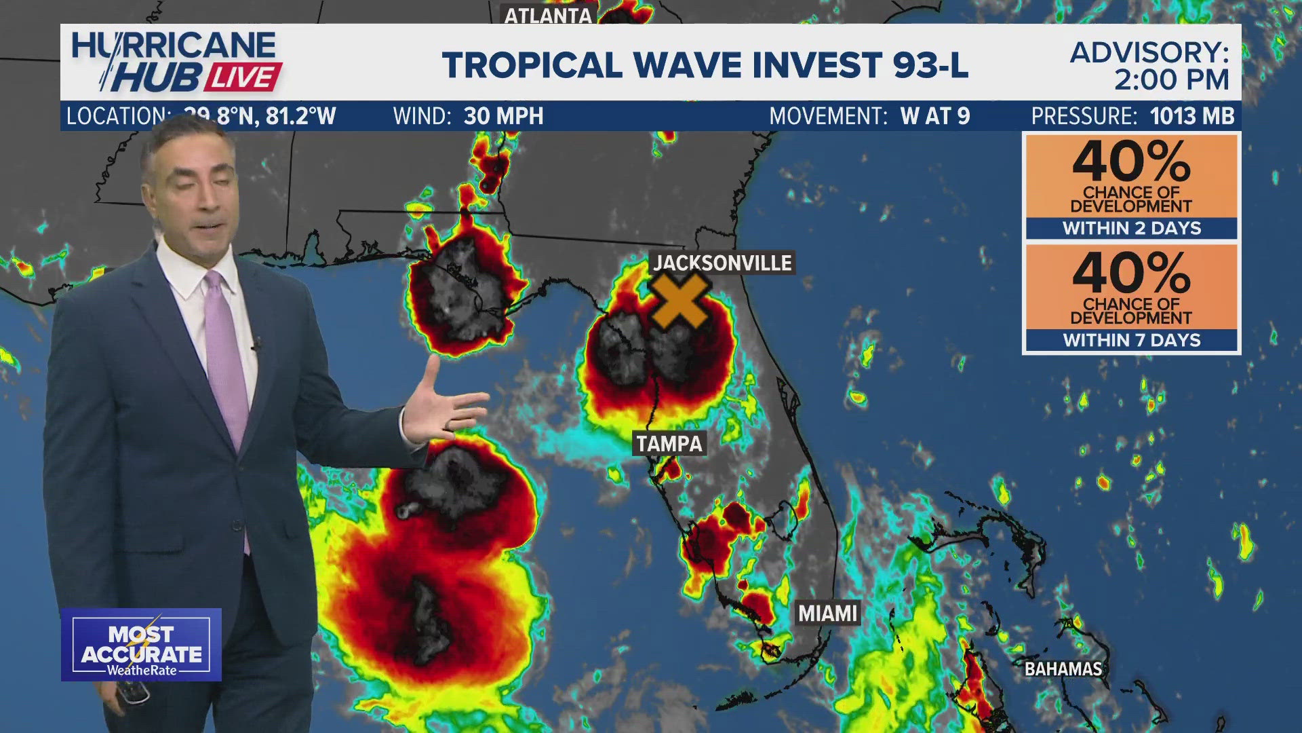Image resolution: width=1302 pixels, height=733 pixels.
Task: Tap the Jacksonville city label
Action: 722,263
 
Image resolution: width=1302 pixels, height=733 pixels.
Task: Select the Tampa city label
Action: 669,444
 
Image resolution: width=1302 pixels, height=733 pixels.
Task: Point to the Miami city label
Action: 828,614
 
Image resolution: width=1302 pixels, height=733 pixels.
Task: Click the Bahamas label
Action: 1063,669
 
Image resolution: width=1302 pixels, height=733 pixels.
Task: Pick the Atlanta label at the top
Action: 548,15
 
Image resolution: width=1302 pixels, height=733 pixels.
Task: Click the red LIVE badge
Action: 243,77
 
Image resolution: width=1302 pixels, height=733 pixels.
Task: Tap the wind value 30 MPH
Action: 503,116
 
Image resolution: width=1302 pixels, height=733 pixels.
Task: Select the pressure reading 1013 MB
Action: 1192,116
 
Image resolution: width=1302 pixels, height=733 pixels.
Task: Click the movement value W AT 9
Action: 935,116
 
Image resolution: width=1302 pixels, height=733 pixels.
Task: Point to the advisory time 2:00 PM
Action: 1171,80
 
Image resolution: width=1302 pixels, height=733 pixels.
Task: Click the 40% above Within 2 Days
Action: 1131,161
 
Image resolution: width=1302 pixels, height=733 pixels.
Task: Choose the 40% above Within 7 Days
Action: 1131,272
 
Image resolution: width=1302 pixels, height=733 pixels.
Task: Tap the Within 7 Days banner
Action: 1131,340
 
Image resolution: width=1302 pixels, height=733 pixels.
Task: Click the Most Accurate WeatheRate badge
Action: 142,645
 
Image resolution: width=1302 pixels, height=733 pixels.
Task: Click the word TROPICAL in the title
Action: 532,65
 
